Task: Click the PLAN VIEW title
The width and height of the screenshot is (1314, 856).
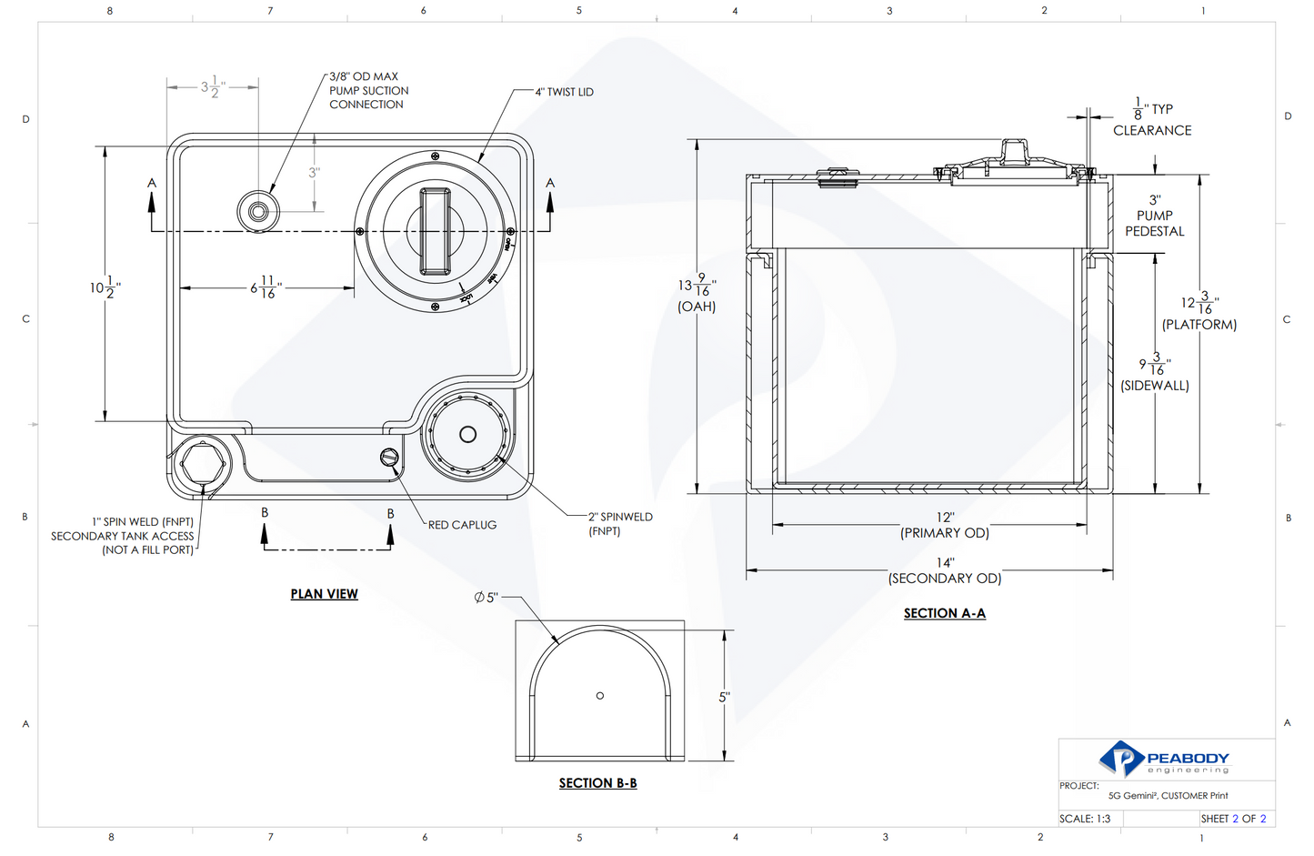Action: point(324,594)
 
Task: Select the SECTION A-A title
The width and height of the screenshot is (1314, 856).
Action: point(944,613)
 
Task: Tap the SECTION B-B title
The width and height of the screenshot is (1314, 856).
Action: point(597,783)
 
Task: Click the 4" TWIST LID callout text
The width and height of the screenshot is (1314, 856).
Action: point(564,92)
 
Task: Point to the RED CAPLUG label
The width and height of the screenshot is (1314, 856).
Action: point(462,525)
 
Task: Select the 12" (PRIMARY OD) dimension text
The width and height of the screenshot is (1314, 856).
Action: point(945,526)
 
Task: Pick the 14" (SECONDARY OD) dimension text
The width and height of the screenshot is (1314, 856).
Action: point(945,571)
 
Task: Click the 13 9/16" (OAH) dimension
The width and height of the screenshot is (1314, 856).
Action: point(697,293)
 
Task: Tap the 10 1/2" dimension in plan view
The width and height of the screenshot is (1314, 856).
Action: point(105,287)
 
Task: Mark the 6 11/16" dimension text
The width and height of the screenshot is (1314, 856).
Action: point(266,287)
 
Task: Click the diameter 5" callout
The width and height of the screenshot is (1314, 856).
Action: point(486,598)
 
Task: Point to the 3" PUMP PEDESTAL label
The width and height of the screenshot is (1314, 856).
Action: point(1155,216)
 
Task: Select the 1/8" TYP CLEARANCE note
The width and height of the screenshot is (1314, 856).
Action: point(1152,119)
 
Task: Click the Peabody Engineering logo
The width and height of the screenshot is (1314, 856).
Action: point(1164,759)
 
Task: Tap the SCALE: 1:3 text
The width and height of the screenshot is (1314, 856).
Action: point(1085,819)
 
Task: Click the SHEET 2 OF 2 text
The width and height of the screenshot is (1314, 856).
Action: point(1233,819)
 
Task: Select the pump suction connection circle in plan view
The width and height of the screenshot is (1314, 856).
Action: point(259,212)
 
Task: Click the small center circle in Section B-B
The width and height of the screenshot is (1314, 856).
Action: point(600,696)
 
